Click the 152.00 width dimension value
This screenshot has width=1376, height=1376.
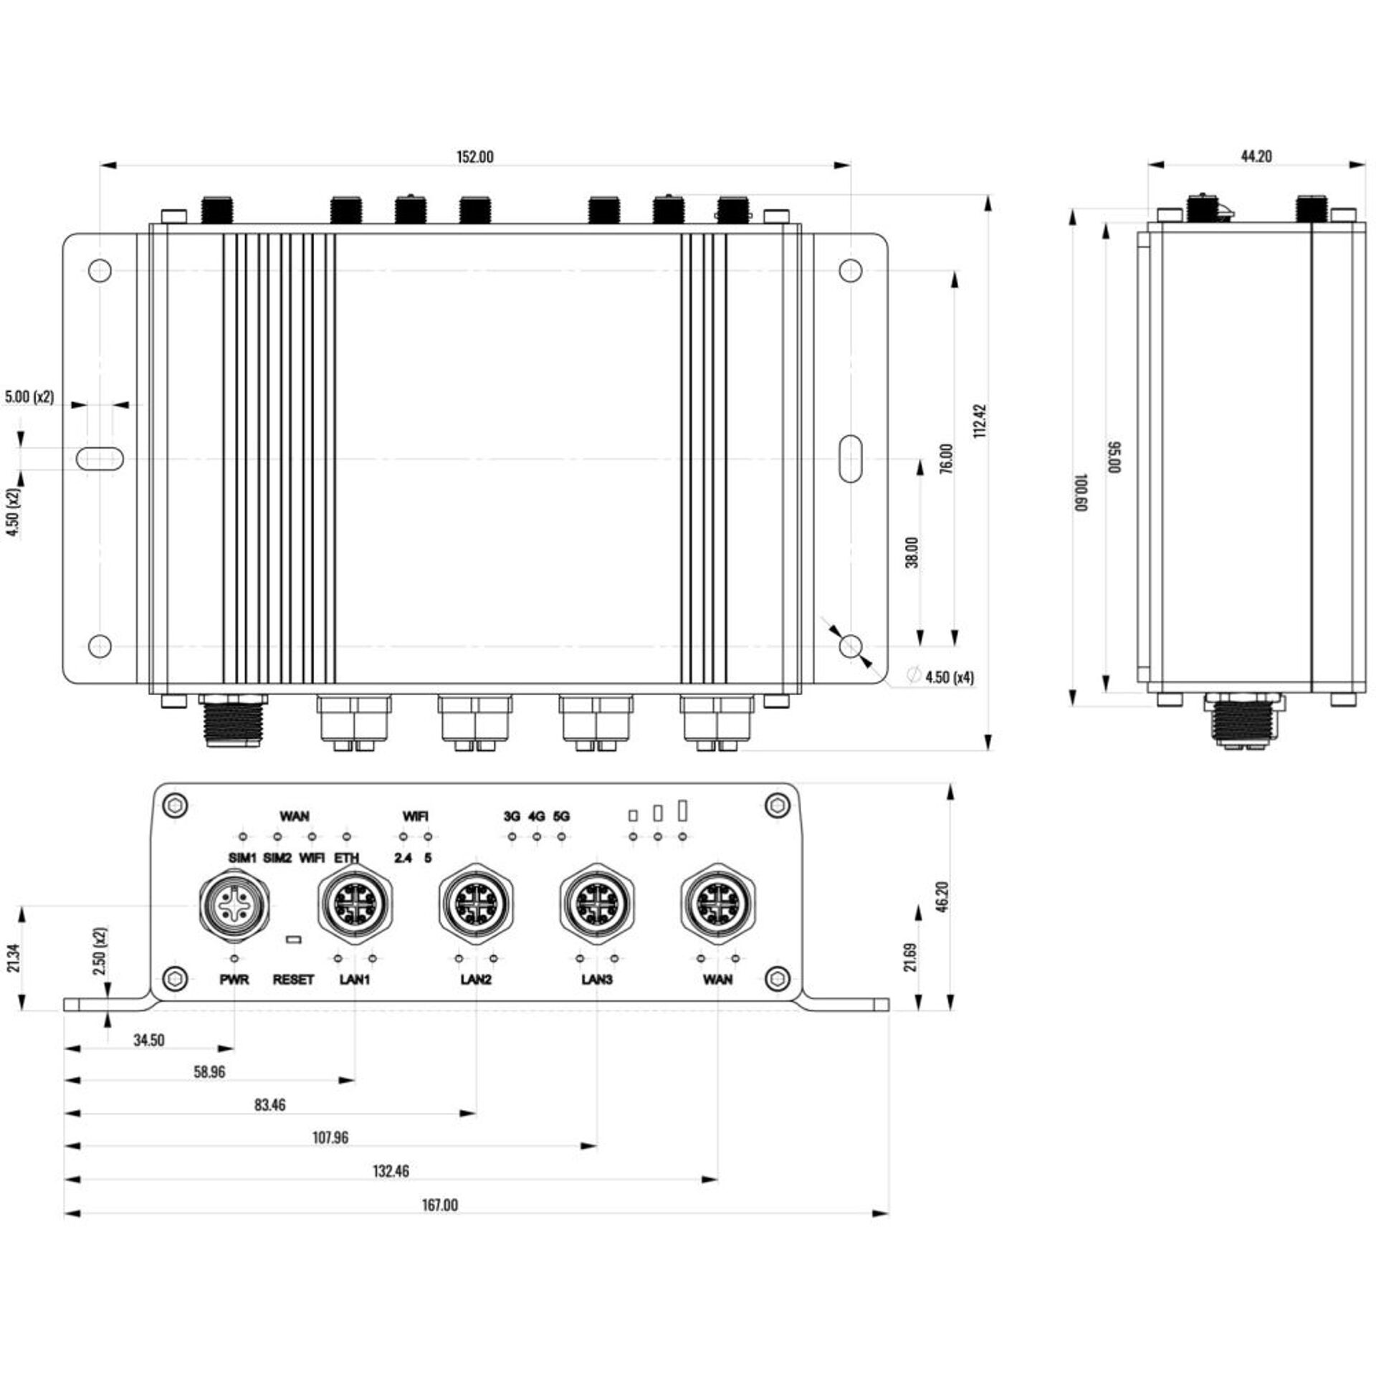pyautogui.click(x=475, y=157)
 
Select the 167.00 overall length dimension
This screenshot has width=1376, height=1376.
pyautogui.click(x=439, y=1205)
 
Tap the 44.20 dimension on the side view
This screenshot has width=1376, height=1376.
pyautogui.click(x=1256, y=156)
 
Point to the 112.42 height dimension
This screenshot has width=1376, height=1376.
pyautogui.click(x=981, y=421)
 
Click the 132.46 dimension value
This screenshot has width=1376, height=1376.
pyautogui.click(x=391, y=1172)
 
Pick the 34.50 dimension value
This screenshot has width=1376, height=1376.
pyautogui.click(x=148, y=1041)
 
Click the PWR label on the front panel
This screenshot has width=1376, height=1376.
pyautogui.click(x=234, y=980)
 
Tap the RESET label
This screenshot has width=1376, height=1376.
pyautogui.click(x=293, y=980)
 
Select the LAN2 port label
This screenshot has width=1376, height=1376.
pyautogui.click(x=476, y=980)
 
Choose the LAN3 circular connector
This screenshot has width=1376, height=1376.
pyautogui.click(x=597, y=902)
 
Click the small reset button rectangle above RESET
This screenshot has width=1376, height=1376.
pyautogui.click(x=293, y=939)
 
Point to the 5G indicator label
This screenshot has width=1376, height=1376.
pyautogui.click(x=562, y=816)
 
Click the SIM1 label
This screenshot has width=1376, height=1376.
pyautogui.click(x=242, y=858)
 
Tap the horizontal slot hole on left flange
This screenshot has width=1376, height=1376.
pyautogui.click(x=100, y=459)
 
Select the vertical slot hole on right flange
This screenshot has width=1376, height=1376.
pyautogui.click(x=850, y=458)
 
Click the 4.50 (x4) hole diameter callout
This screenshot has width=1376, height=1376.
pyautogui.click(x=949, y=677)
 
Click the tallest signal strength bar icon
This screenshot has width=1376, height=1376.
pyautogui.click(x=682, y=811)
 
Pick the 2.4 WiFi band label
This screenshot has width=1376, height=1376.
pyautogui.click(x=403, y=858)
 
